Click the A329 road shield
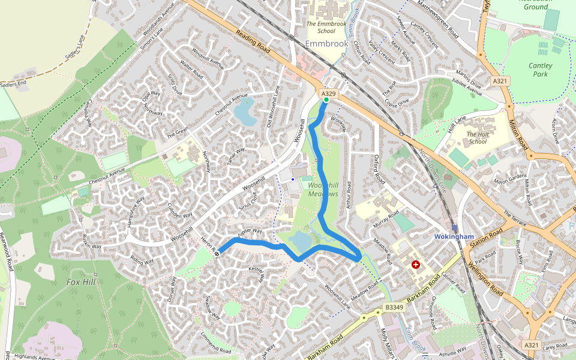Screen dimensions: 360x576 coord(328,94)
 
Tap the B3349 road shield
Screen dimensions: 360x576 coord(394,307)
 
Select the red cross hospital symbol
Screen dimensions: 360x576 coord(415,265)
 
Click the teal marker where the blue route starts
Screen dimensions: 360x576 coord(326,100)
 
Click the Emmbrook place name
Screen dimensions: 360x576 coord(326,44)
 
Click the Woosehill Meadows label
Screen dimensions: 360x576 coord(323,190)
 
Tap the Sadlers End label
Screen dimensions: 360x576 coord(15,85)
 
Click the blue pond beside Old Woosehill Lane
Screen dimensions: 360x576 coord(245,112)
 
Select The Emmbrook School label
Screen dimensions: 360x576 coord(326,27)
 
